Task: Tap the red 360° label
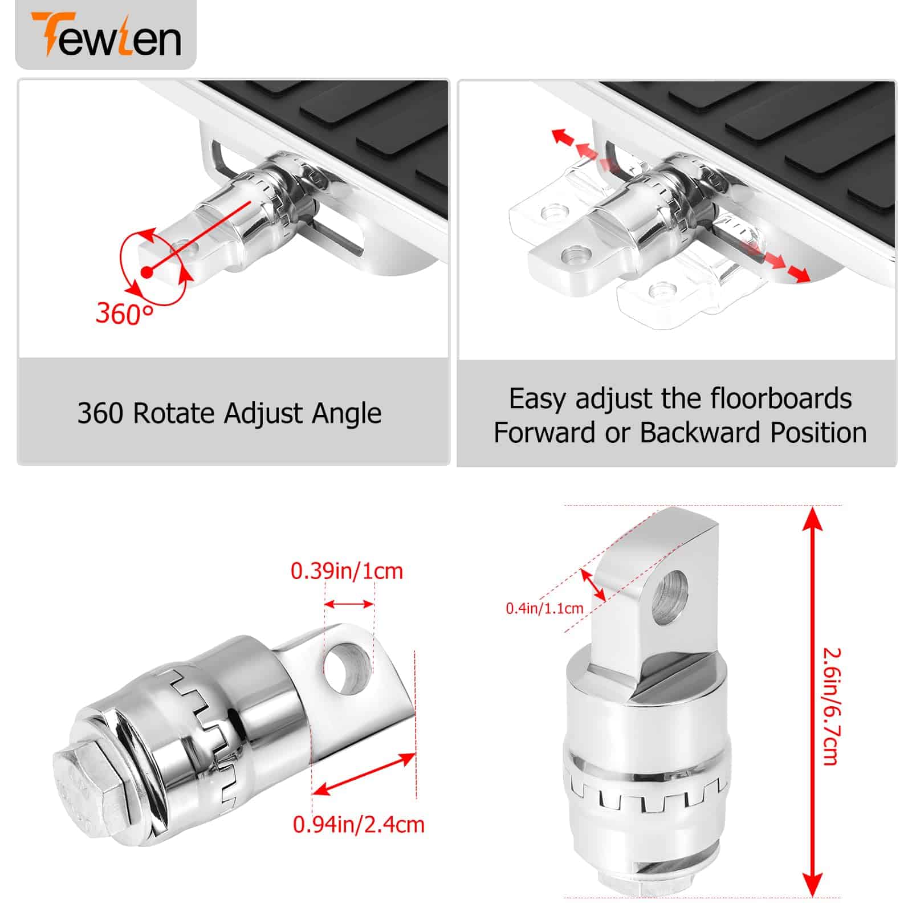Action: tap(124, 313)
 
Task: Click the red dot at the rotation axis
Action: tap(147, 272)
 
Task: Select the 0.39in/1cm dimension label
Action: tap(347, 571)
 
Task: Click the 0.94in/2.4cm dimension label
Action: tap(359, 824)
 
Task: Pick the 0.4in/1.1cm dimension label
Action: tap(544, 608)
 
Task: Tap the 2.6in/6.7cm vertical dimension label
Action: tap(832, 706)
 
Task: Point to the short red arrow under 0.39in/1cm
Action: tap(349, 604)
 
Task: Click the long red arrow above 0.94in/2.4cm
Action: tap(364, 774)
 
